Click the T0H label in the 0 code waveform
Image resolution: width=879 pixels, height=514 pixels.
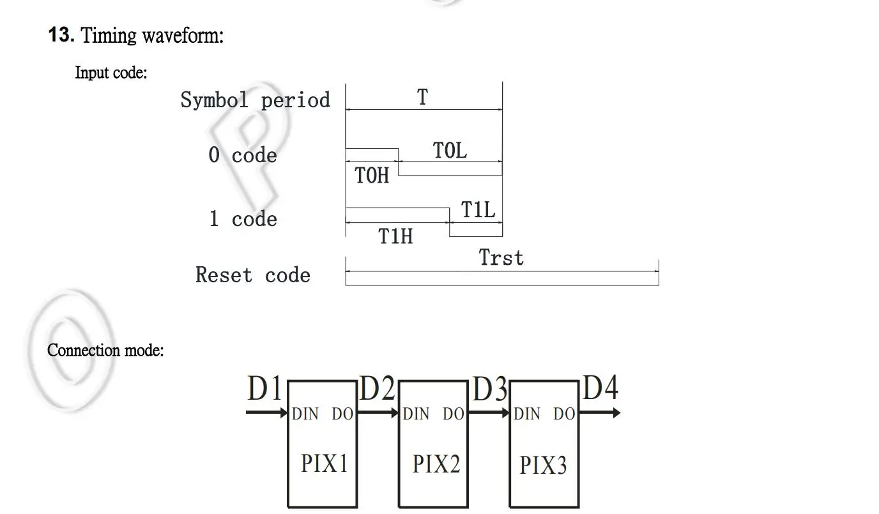(372, 176)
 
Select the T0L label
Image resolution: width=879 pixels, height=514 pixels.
(450, 151)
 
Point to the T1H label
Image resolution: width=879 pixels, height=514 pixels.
(396, 236)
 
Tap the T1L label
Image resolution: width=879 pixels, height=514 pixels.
(478, 209)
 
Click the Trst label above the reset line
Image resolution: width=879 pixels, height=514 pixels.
(501, 258)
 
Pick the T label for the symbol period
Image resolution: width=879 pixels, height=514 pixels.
(422, 98)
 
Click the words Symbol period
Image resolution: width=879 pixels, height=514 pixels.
(255, 100)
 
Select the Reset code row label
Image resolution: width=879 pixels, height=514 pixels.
(253, 275)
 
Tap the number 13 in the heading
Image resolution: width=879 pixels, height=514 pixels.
(61, 35)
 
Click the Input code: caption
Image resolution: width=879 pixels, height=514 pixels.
(111, 73)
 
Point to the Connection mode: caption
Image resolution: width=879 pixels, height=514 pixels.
(105, 351)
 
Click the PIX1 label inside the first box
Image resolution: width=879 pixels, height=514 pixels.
(325, 463)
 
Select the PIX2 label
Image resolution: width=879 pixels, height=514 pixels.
(436, 464)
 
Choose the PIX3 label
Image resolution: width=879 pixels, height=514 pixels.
(543, 465)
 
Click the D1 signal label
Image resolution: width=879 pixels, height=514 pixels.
(264, 389)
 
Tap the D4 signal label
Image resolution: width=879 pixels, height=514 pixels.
(600, 388)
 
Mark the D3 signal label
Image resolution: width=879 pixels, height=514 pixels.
(490, 389)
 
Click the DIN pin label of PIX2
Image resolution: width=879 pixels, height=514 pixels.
(417, 414)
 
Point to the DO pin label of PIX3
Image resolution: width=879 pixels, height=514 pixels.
(564, 414)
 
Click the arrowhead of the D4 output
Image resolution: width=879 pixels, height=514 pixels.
(615, 413)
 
